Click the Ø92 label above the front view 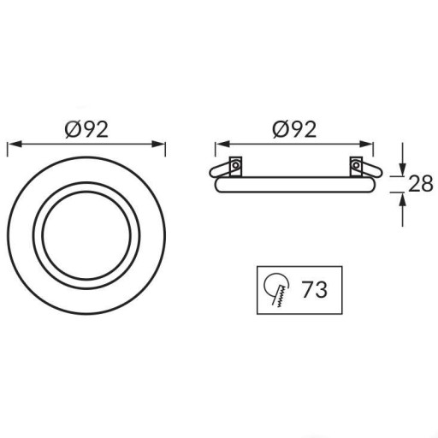click(86, 130)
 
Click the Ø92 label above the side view click(294, 130)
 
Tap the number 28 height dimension click(421, 184)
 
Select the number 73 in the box click(315, 290)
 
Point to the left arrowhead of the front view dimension click(15, 144)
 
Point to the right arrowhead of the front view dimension click(158, 144)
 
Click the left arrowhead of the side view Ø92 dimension click(222, 144)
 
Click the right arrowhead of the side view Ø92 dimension click(366, 144)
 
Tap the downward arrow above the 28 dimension click(402, 159)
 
